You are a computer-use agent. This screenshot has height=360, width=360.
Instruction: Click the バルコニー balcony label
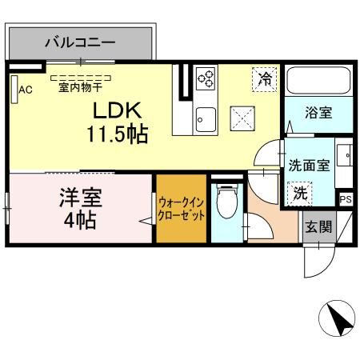pos(80,41)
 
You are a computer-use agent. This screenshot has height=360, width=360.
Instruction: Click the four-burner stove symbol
pos(206,78)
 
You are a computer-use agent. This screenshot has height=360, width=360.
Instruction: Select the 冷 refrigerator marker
pos(263,78)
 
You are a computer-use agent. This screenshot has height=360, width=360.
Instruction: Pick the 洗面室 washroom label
pos(308,166)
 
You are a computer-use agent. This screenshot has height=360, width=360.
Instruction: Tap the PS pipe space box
pos(346,199)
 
